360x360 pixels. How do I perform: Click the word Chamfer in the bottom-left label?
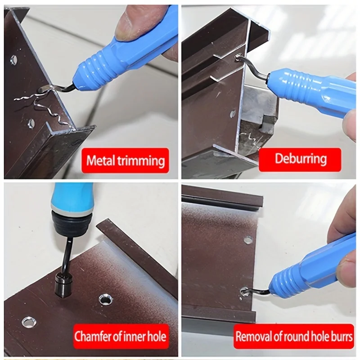(x=93, y=336)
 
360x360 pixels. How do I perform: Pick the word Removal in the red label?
(x=254, y=336)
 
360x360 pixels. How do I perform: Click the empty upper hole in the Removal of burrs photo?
(x=248, y=240)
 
